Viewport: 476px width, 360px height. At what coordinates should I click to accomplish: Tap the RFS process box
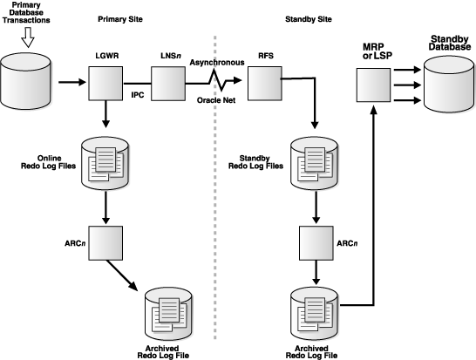(x=262, y=85)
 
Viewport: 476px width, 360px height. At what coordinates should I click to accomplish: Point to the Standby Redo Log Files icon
(x=309, y=162)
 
